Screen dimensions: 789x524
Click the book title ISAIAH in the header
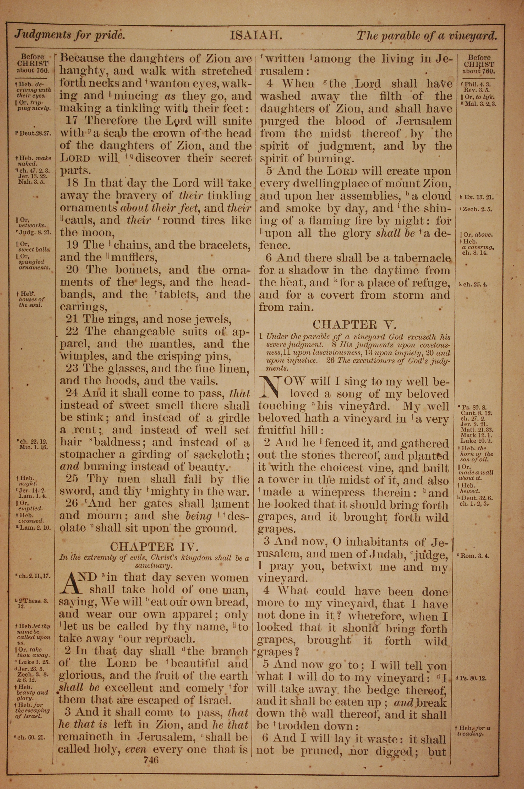pyautogui.click(x=256, y=35)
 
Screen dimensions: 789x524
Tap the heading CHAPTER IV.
pyautogui.click(x=154, y=547)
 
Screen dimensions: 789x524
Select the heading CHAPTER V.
pyautogui.click(x=354, y=324)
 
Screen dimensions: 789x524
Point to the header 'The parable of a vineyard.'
pyautogui.click(x=427, y=35)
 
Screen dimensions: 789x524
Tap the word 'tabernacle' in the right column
pyautogui.click(x=422, y=258)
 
